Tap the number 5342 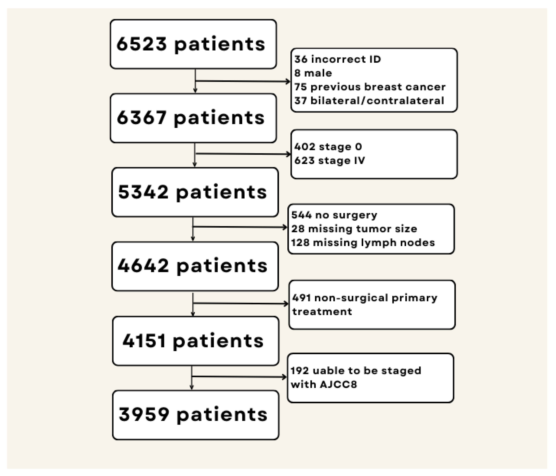pos(143,192)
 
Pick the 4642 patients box pos(195,266)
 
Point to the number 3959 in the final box pos(144,414)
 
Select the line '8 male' pos(313,73)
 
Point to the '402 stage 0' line pos(328,147)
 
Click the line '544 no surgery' pos(334,215)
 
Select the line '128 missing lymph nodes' pos(363,243)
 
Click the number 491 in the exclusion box pos(301,298)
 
